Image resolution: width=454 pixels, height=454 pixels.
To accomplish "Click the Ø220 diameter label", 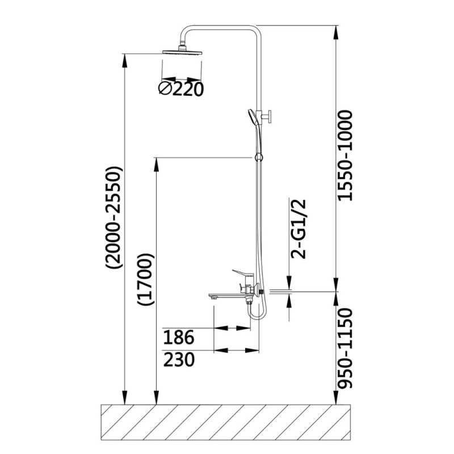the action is point(181,89).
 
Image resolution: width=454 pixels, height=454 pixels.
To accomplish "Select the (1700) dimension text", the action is point(145,279).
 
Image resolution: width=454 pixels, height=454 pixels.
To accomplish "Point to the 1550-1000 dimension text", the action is point(346,155).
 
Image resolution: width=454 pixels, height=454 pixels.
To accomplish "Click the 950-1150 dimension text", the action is point(346,348).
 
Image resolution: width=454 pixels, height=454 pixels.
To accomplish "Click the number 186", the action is point(178,337).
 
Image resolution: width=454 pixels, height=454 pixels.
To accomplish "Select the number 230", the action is point(179,359).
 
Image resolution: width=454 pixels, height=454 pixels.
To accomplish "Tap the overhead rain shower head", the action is point(182,51).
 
